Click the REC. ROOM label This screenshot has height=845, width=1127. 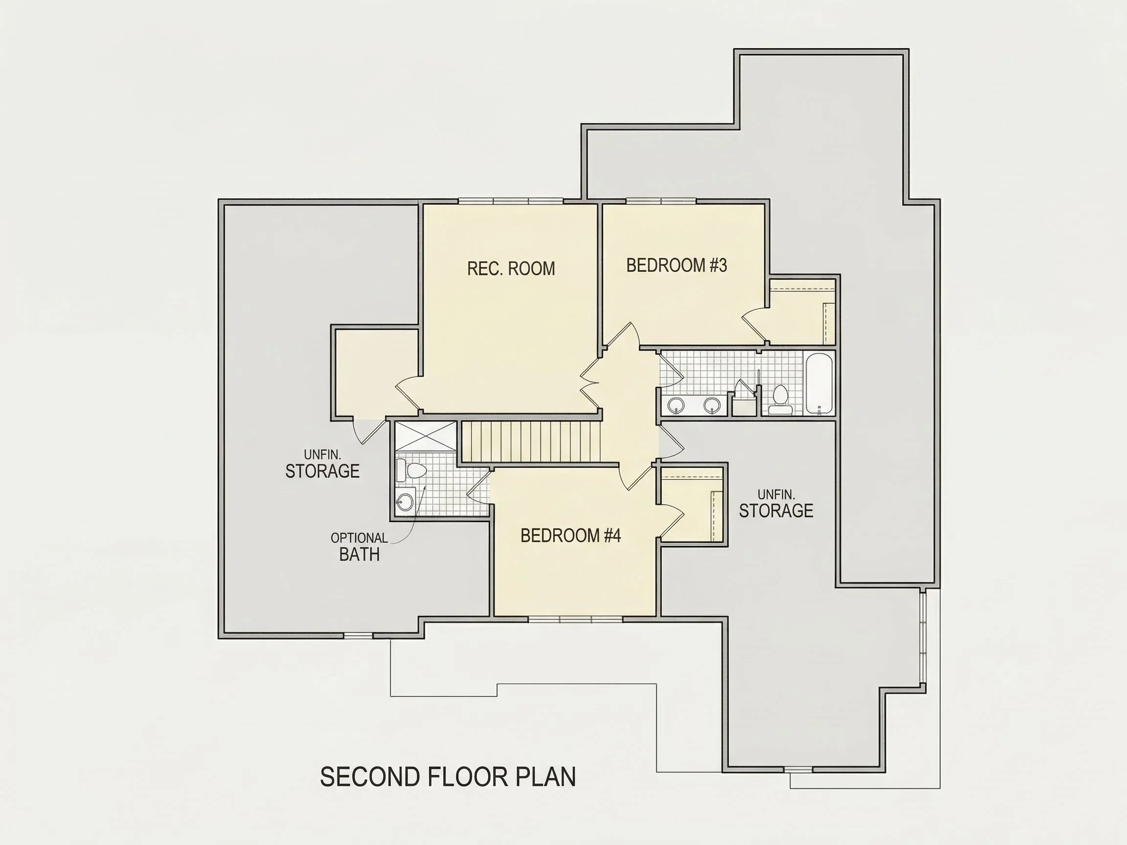(511, 268)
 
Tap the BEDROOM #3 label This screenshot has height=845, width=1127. (676, 266)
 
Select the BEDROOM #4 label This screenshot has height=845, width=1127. (571, 535)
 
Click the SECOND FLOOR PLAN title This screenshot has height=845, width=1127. (448, 777)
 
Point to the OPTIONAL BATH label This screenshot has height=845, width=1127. (359, 547)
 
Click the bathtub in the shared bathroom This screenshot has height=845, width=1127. (819, 383)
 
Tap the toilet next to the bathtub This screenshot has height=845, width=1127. (780, 400)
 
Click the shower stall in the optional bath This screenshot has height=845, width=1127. (426, 436)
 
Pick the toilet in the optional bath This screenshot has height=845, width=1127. (410, 469)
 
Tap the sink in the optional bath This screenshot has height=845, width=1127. (405, 501)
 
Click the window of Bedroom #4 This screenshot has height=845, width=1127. (575, 620)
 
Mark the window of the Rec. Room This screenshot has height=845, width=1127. (511, 201)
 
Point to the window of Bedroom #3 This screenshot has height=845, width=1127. (661, 201)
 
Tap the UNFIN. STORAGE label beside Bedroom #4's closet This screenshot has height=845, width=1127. (776, 504)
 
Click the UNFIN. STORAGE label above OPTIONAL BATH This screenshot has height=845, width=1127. (322, 464)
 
